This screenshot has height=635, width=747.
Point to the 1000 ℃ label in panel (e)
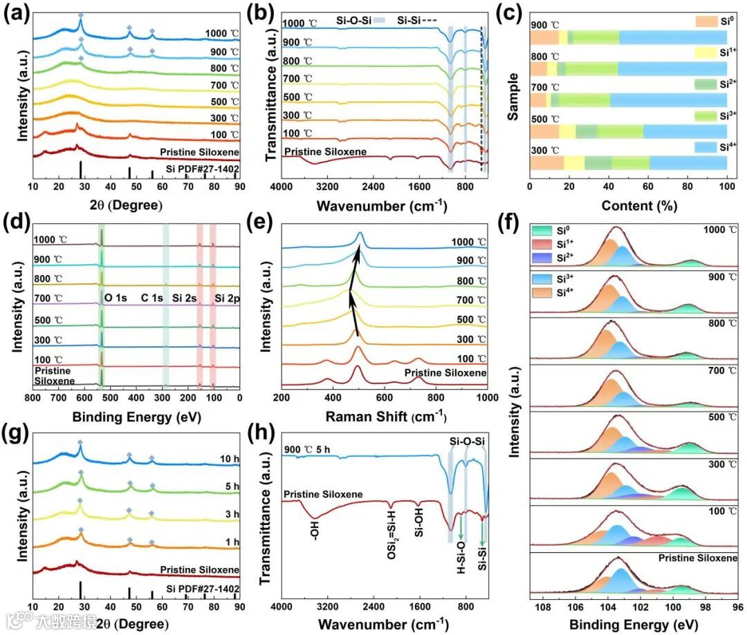click(468, 242)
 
